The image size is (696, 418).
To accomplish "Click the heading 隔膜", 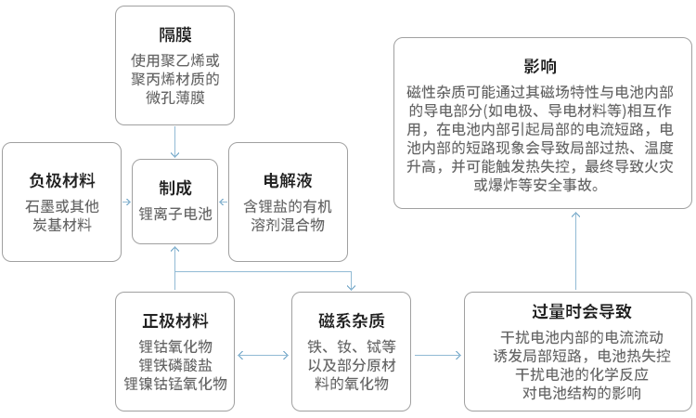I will [x=174, y=35].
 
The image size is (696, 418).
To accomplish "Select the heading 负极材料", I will [x=62, y=179].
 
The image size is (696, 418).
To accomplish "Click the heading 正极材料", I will [x=175, y=321].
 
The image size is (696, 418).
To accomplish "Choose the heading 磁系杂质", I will [x=351, y=321].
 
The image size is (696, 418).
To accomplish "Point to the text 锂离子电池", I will [x=175, y=214].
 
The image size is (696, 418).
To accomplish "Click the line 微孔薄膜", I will [x=174, y=98].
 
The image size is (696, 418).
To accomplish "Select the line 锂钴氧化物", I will [x=175, y=346].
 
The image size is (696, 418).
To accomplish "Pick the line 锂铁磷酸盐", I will [x=175, y=364].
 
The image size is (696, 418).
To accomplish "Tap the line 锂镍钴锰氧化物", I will [x=175, y=383].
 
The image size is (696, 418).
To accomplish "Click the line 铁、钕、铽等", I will [x=351, y=346].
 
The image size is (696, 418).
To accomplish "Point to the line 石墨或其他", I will [x=62, y=205].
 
